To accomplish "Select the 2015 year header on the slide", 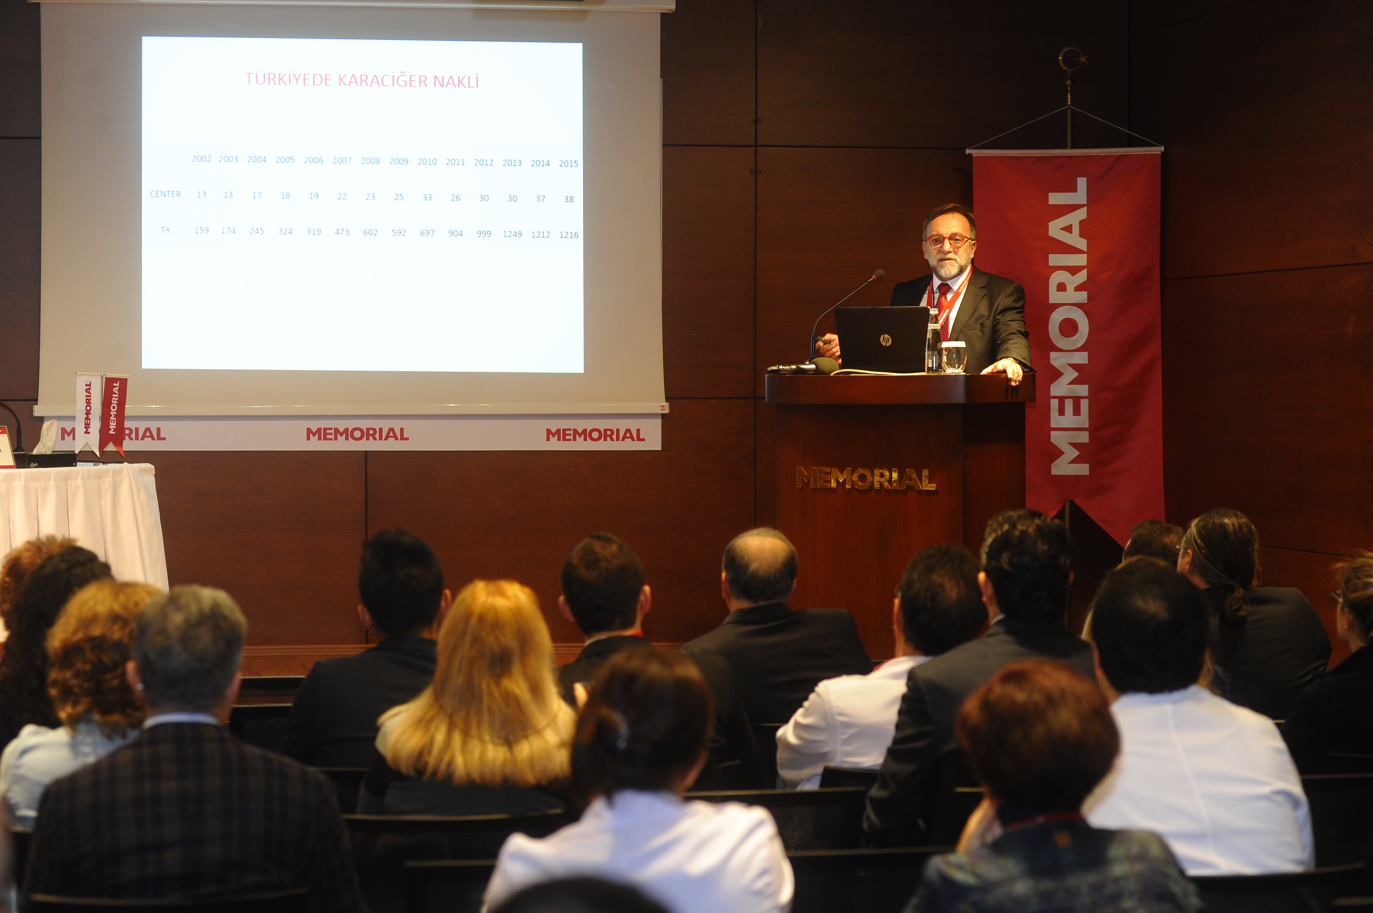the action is point(568,164).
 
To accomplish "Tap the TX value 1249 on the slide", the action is point(512,234).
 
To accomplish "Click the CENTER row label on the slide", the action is point(165,194).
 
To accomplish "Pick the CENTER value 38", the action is point(568,199).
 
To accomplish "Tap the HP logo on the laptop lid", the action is point(886,339).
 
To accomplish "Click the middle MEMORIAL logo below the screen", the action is point(357,434).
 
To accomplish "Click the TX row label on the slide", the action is point(165,230).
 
